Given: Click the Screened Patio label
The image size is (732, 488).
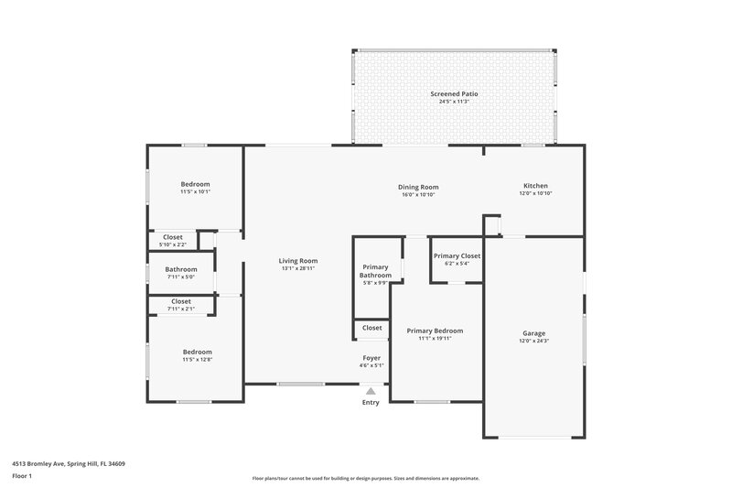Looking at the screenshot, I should coord(455,93).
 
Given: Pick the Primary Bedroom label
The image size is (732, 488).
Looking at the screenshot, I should coord(435,331).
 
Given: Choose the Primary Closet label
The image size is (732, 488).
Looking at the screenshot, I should coord(457,256).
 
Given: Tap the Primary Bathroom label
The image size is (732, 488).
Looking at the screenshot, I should coord(375,271).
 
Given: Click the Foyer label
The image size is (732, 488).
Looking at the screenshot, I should coord(371,358).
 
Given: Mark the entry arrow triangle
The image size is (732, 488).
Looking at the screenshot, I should coord(371,390).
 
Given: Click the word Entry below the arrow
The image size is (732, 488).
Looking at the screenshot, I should coord(371,403).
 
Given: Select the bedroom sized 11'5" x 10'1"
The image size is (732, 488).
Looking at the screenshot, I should coord(195,184).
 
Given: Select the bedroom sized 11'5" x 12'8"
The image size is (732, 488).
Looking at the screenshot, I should coord(197,352).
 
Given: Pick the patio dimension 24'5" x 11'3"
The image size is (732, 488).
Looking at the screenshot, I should coord(455,101).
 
